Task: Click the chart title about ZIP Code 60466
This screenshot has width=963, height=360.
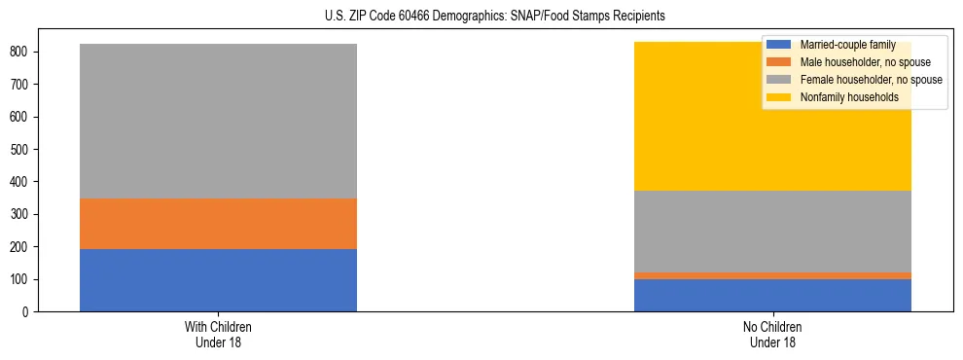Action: click(x=481, y=17)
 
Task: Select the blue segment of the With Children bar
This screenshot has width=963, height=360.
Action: click(x=218, y=280)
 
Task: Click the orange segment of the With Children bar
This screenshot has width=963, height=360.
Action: click(x=218, y=224)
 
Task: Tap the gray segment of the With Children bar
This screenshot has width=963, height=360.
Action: click(x=218, y=122)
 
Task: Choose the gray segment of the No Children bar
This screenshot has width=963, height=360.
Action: click(x=772, y=232)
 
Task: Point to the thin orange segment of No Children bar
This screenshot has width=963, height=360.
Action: click(x=772, y=275)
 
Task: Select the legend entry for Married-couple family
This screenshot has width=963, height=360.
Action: click(x=847, y=45)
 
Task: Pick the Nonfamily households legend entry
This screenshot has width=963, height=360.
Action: click(x=841, y=97)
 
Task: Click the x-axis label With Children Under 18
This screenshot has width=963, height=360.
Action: click(x=218, y=334)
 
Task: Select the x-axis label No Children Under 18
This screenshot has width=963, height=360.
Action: click(x=772, y=334)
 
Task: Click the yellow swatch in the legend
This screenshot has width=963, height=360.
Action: click(x=779, y=97)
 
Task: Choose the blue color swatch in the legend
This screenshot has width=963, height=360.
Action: click(x=779, y=45)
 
